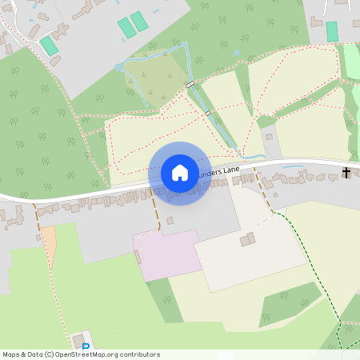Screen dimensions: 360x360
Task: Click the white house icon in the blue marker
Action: (x=180, y=173)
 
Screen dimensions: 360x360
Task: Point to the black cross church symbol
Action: (x=346, y=172)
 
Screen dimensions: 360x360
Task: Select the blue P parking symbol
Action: (x=86, y=346)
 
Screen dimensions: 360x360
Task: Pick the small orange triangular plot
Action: (x=48, y=245)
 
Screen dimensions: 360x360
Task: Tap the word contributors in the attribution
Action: (x=140, y=354)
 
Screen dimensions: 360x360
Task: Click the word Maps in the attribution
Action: (x=12, y=354)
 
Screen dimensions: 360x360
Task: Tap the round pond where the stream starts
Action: (x=120, y=68)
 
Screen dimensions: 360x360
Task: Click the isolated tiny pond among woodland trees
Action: (x=236, y=54)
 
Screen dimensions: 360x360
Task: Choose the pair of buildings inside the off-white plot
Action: (x=249, y=238)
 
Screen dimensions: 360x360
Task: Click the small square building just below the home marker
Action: (x=170, y=221)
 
